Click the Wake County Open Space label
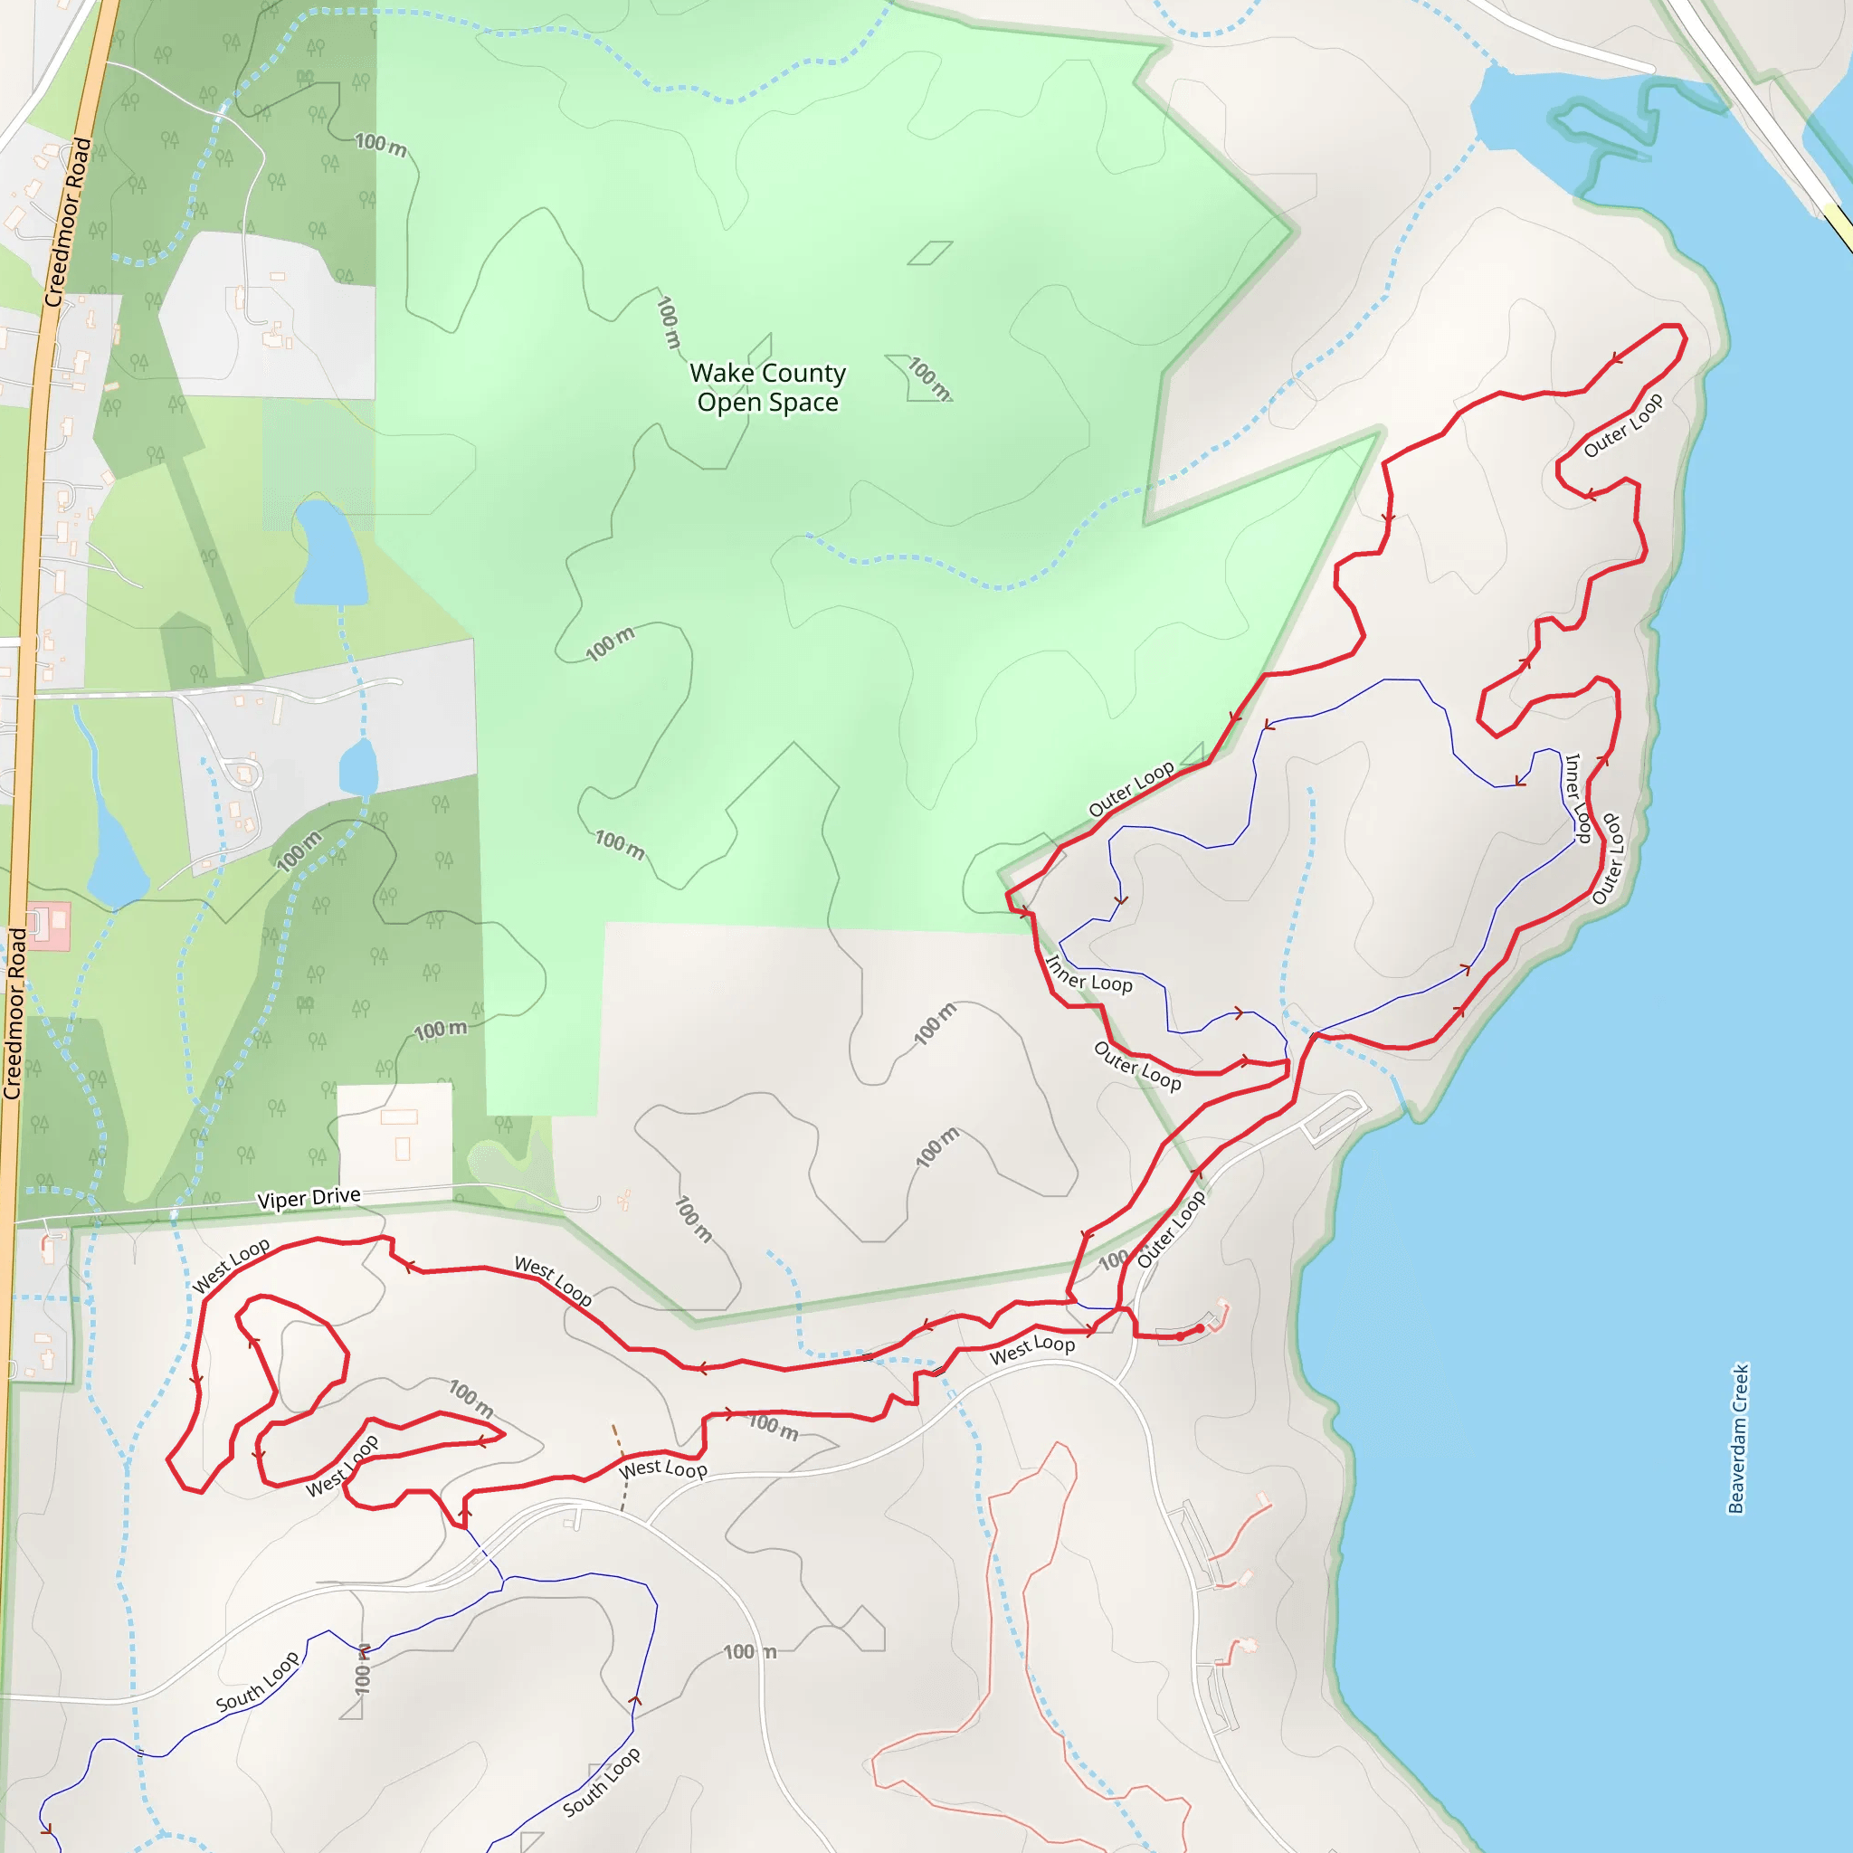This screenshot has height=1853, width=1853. tap(767, 387)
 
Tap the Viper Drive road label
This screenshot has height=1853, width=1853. tap(309, 1198)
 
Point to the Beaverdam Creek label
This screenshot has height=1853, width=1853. tap(1738, 1439)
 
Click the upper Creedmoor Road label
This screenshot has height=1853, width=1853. tap(68, 223)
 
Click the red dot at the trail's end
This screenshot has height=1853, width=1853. tap(1200, 1328)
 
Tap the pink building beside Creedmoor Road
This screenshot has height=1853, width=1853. tap(48, 925)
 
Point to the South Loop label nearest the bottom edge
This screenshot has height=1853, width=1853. tap(601, 1782)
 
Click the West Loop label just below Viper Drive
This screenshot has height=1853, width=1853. tap(231, 1266)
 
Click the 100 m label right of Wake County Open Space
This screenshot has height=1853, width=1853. tap(928, 378)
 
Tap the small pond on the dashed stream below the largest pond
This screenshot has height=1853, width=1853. tap(358, 767)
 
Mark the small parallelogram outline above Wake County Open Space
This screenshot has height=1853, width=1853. tap(929, 252)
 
